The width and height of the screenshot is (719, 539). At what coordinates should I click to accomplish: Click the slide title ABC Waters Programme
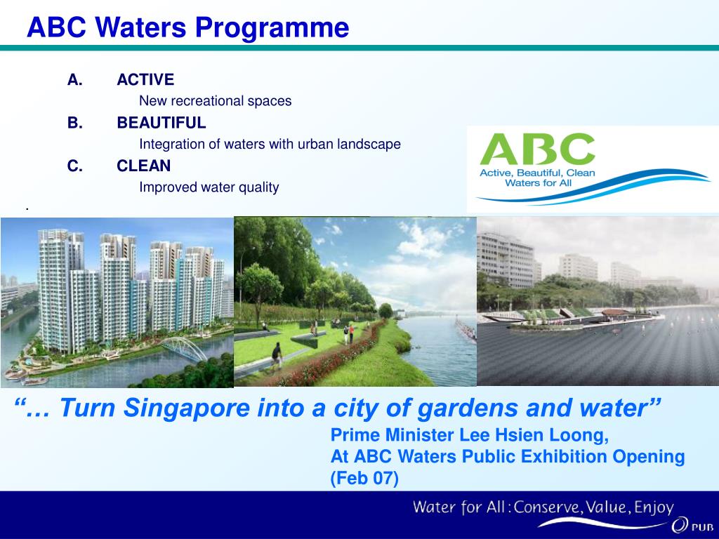pyautogui.click(x=187, y=28)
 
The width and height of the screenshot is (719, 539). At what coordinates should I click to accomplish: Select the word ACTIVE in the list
pyautogui.click(x=145, y=79)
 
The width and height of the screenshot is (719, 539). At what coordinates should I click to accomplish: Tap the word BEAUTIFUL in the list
pyautogui.click(x=161, y=123)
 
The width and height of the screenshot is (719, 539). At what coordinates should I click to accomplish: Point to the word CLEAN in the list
pyautogui.click(x=144, y=166)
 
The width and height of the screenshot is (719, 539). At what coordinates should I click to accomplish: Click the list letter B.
pyautogui.click(x=74, y=123)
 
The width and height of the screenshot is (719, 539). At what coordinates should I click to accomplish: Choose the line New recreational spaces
pyautogui.click(x=215, y=101)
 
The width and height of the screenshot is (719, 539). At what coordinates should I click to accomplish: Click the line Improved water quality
pyautogui.click(x=209, y=187)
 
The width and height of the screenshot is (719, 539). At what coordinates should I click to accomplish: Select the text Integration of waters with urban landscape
pyautogui.click(x=270, y=145)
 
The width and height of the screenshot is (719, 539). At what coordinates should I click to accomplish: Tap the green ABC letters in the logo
pyautogui.click(x=537, y=149)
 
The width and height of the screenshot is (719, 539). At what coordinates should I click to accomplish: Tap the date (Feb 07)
pyautogui.click(x=364, y=479)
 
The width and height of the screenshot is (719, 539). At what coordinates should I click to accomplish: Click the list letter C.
pyautogui.click(x=74, y=166)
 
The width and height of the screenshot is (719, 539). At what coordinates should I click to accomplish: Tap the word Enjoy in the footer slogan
pyautogui.click(x=653, y=507)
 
